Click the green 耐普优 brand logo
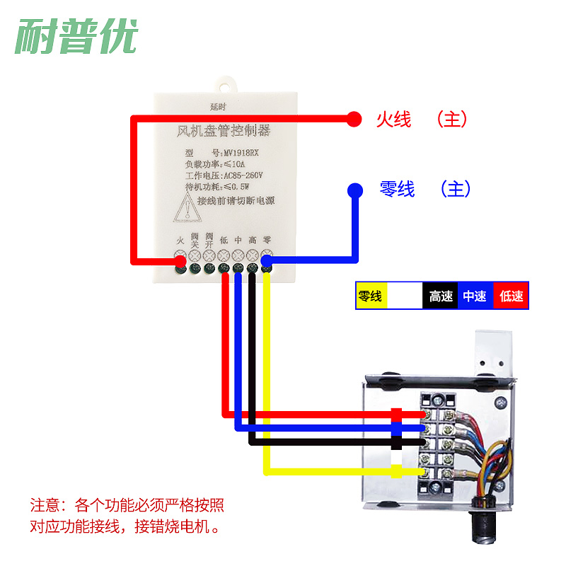[x=76, y=35]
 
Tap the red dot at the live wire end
[x=354, y=119]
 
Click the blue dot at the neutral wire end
[x=354, y=190]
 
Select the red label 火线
[x=393, y=120]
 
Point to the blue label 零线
[x=397, y=190]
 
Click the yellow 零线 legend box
[x=371, y=296]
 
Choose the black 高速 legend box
[x=440, y=296]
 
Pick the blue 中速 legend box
[x=475, y=296]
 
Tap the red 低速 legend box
[x=511, y=296]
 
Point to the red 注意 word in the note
[x=45, y=506]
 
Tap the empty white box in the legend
[x=405, y=296]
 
